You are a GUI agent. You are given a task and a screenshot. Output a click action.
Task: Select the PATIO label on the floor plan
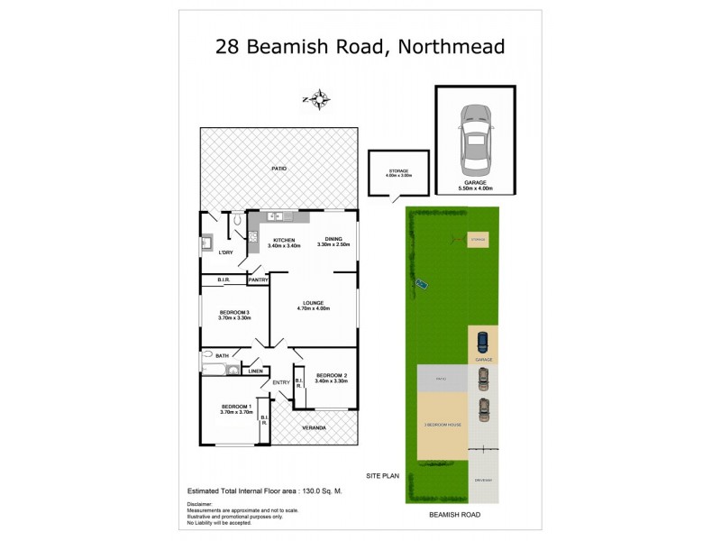click(279, 169)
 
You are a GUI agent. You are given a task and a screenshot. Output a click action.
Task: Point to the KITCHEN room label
click(283, 241)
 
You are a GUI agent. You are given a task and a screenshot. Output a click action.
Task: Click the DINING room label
click(333, 241)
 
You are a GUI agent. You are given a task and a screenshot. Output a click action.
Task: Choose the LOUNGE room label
click(314, 303)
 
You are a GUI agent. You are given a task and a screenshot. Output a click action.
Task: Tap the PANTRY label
click(258, 280)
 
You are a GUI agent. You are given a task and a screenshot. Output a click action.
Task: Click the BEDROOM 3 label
click(233, 312)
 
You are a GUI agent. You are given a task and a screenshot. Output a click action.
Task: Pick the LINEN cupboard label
click(254, 370)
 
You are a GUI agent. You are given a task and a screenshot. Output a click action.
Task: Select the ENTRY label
click(281, 382)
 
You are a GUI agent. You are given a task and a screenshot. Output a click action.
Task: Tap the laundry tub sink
click(206, 242)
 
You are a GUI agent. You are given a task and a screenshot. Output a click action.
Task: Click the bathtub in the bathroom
click(214, 369)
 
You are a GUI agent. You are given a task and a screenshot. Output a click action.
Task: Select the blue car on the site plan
click(482, 343)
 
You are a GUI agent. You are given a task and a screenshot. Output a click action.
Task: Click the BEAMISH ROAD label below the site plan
click(454, 514)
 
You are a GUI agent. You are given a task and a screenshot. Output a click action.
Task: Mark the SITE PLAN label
click(382, 474)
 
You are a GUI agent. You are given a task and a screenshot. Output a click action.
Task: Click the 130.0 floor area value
click(306, 491)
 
